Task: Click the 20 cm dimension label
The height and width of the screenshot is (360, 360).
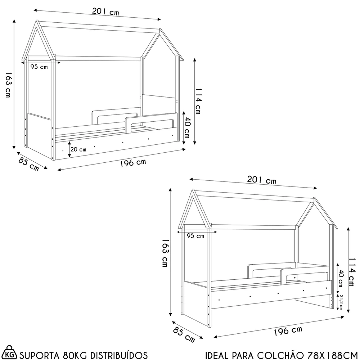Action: (x=78, y=149)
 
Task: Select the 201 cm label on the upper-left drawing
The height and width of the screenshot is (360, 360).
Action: (x=105, y=12)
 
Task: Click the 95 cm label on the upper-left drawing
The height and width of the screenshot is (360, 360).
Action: (x=39, y=67)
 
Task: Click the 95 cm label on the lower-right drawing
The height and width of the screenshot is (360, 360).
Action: (x=195, y=236)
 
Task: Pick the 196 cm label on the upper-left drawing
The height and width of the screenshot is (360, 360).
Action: (x=133, y=163)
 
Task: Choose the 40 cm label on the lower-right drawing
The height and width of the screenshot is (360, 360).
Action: (x=340, y=278)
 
